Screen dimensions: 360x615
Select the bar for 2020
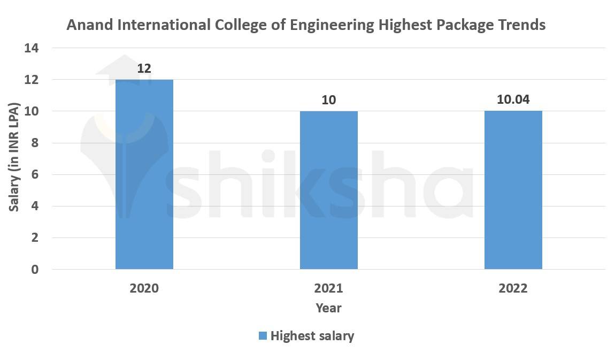click(144, 174)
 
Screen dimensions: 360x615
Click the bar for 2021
click(328, 190)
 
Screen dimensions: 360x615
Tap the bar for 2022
click(513, 190)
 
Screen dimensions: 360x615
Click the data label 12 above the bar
click(144, 68)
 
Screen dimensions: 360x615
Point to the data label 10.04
click(513, 100)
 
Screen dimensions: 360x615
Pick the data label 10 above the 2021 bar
click(328, 100)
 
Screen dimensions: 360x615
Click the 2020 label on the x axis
click(144, 288)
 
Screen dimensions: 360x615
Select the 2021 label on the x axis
click(328, 288)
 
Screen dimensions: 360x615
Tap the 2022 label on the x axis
click(513, 288)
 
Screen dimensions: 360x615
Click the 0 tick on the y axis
click(35, 270)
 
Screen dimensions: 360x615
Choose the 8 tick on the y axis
click(35, 143)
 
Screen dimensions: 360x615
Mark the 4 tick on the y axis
click(35, 206)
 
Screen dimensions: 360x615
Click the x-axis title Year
click(328, 308)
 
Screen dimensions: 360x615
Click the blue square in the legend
click(263, 336)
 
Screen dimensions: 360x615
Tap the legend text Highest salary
click(312, 336)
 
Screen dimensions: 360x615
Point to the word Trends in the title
click(522, 25)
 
